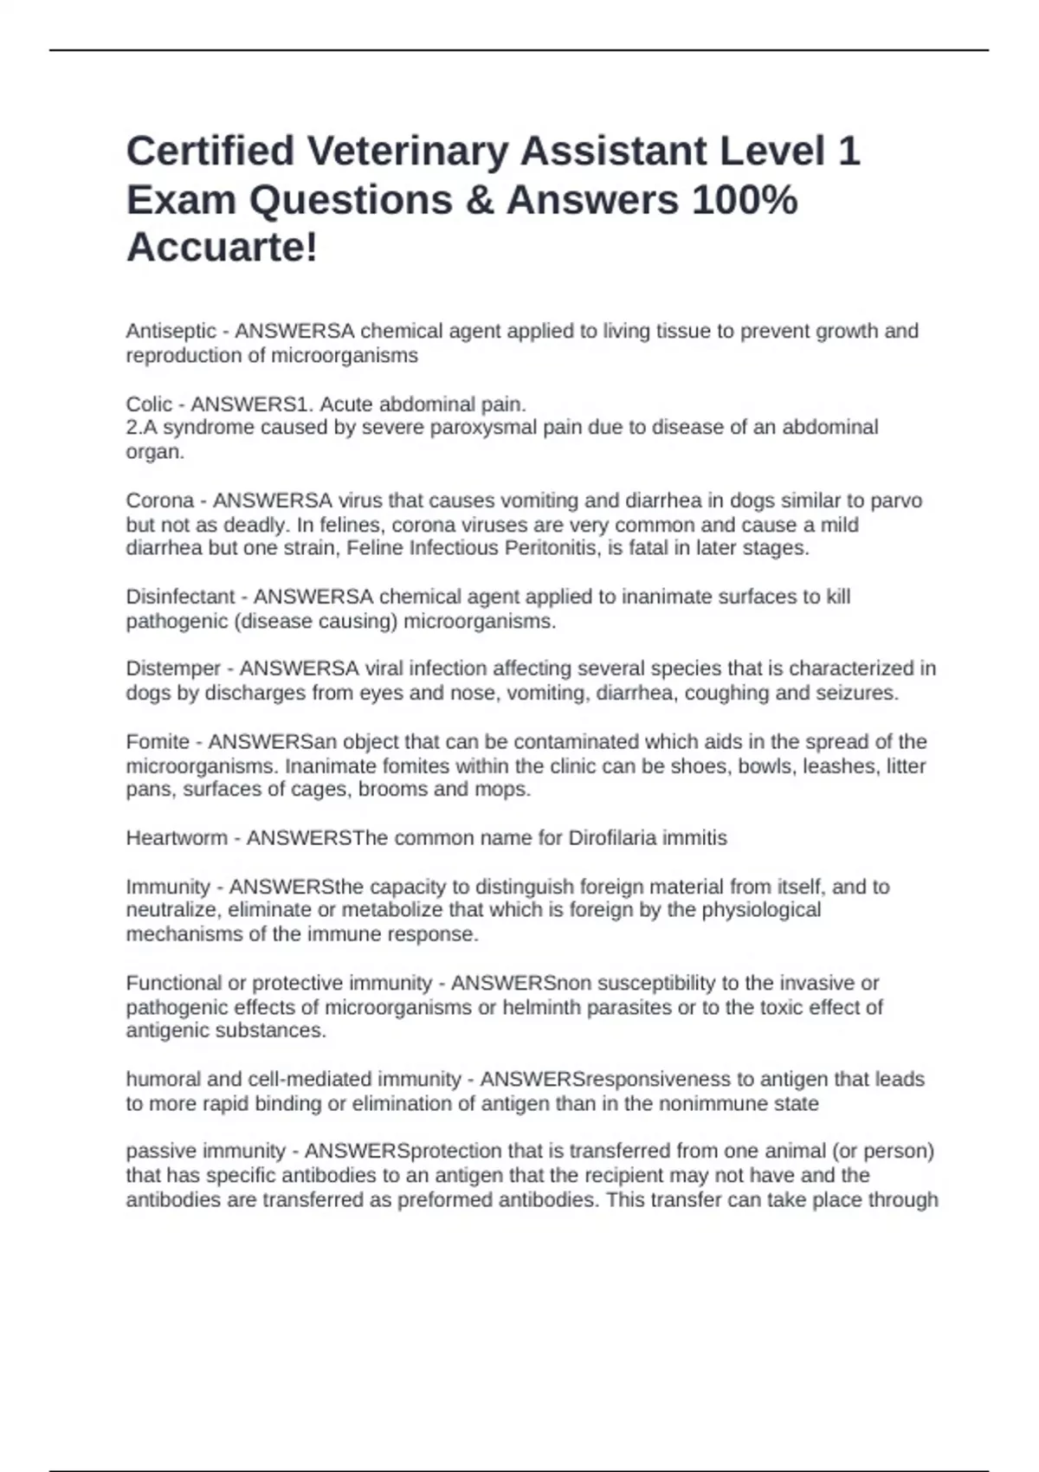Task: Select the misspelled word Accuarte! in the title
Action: pos(222,248)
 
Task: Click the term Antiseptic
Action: pos(171,331)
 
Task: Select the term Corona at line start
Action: pos(159,500)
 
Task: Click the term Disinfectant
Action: pos(180,597)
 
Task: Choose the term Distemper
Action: pos(173,668)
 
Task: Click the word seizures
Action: pos(855,693)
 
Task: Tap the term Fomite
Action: pos(158,742)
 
